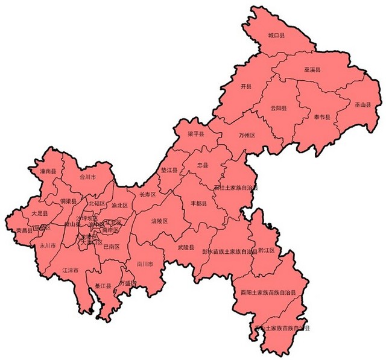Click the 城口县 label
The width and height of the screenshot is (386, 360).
[x=277, y=36]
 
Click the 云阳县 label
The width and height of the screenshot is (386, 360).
[x=279, y=108]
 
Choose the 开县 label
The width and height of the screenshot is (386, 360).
[x=245, y=87]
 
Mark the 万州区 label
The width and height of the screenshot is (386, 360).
[x=247, y=135]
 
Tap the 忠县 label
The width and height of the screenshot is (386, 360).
[x=203, y=165]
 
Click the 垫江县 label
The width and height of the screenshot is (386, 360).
[x=171, y=171]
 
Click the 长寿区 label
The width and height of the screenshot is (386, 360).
[x=148, y=195]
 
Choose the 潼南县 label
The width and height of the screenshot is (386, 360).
[x=48, y=171]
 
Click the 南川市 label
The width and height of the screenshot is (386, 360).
[x=145, y=264]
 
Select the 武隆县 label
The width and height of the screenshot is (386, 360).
[x=185, y=247]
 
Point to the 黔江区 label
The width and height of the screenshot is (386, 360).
[x=266, y=250]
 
